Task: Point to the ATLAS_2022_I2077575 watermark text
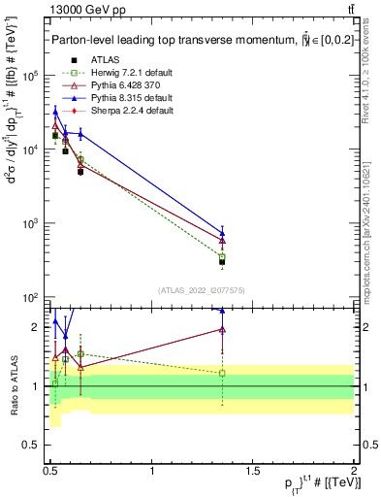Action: click(x=201, y=290)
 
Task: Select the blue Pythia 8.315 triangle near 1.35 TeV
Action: click(x=222, y=233)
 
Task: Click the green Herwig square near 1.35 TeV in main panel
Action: click(x=222, y=256)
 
